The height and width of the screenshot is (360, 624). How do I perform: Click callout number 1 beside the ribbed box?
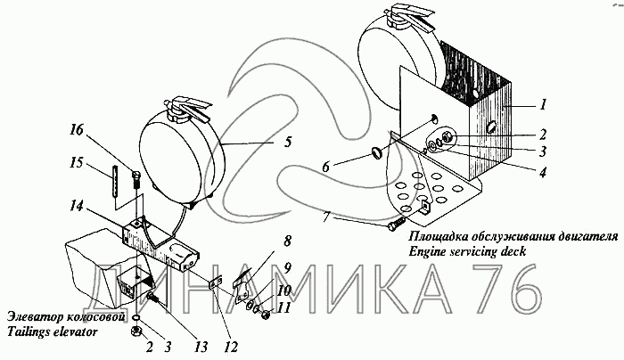click(x=542, y=104)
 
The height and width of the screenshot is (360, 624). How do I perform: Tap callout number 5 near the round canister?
click(x=288, y=142)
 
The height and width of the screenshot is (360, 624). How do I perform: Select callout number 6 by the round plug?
click(x=325, y=167)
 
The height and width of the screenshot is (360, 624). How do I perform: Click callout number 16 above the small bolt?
click(x=78, y=130)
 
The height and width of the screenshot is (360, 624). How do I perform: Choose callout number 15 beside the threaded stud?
click(x=78, y=163)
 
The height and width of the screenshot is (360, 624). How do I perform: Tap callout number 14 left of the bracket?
click(x=76, y=206)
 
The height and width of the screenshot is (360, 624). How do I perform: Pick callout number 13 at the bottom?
click(x=201, y=347)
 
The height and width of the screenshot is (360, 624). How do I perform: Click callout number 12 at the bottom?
click(x=230, y=347)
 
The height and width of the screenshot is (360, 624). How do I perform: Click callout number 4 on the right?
click(x=542, y=172)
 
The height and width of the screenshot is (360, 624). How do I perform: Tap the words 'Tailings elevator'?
click(x=52, y=331)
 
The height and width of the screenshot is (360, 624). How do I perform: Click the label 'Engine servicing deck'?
click(x=467, y=251)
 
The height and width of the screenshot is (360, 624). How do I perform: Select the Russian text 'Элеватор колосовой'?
click(x=67, y=317)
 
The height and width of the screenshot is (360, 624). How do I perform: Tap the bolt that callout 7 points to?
click(x=396, y=223)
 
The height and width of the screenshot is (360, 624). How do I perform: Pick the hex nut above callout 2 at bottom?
click(x=136, y=331)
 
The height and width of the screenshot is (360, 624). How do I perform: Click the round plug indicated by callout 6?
click(x=376, y=151)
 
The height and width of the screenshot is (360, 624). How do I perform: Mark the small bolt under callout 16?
click(x=136, y=180)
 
